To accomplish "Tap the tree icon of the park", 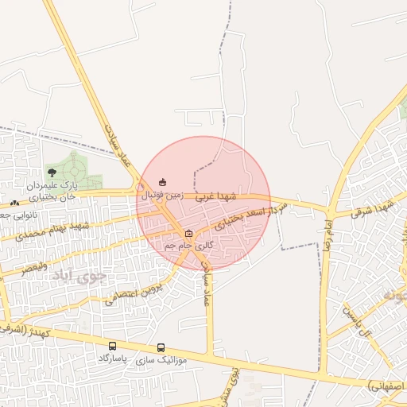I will (52, 172).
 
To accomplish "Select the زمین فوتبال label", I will (162, 193).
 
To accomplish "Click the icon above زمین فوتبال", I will (163, 182).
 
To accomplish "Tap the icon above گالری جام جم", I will (188, 234).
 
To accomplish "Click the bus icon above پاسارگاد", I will (112, 347).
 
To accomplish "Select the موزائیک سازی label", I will (161, 359).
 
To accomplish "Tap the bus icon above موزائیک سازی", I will (161, 347).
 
